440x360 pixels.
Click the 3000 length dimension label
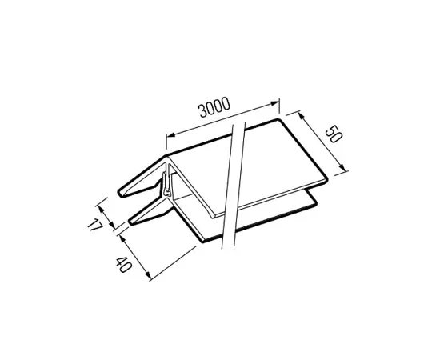pos(214,107)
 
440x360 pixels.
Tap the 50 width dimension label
pos(334,134)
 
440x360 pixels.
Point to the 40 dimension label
pos(123,264)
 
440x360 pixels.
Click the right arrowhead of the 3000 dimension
pos(275,103)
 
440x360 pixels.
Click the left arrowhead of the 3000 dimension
pos(171,134)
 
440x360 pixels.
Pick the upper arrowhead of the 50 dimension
pos(301,115)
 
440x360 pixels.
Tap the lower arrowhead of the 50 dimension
pos(342,167)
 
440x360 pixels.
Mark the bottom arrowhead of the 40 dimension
pos(148,275)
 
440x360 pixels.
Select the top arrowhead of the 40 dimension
pos(122,238)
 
